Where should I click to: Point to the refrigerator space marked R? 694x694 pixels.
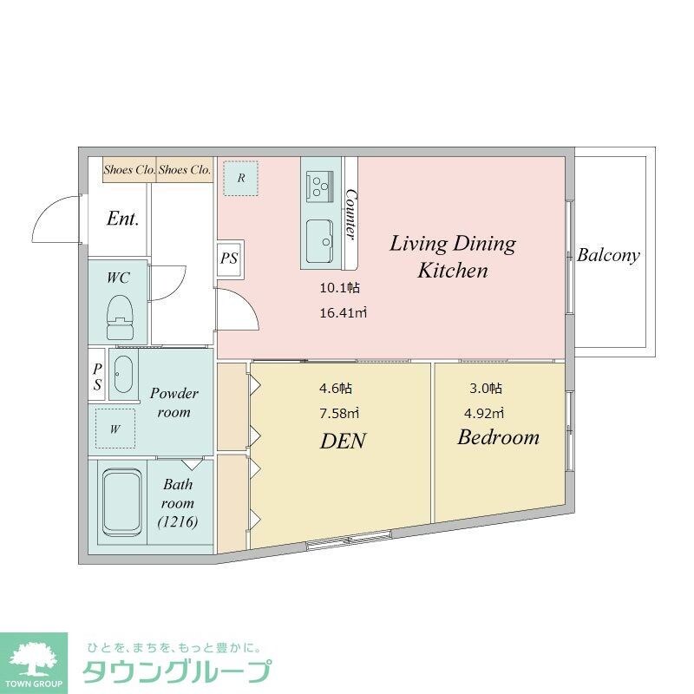click(241, 179)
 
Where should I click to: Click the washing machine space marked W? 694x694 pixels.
click(115, 428)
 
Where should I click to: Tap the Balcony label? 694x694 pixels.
click(608, 255)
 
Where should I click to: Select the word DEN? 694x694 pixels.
click(343, 441)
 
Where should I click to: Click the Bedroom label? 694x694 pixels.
click(498, 436)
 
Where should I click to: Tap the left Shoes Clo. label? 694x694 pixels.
click(129, 170)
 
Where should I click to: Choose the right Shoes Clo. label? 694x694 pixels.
click(184, 170)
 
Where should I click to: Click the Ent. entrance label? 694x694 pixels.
click(122, 219)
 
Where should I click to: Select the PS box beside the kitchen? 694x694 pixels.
click(229, 258)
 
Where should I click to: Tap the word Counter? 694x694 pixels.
click(351, 213)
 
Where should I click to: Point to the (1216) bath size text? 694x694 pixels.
click(178, 521)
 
